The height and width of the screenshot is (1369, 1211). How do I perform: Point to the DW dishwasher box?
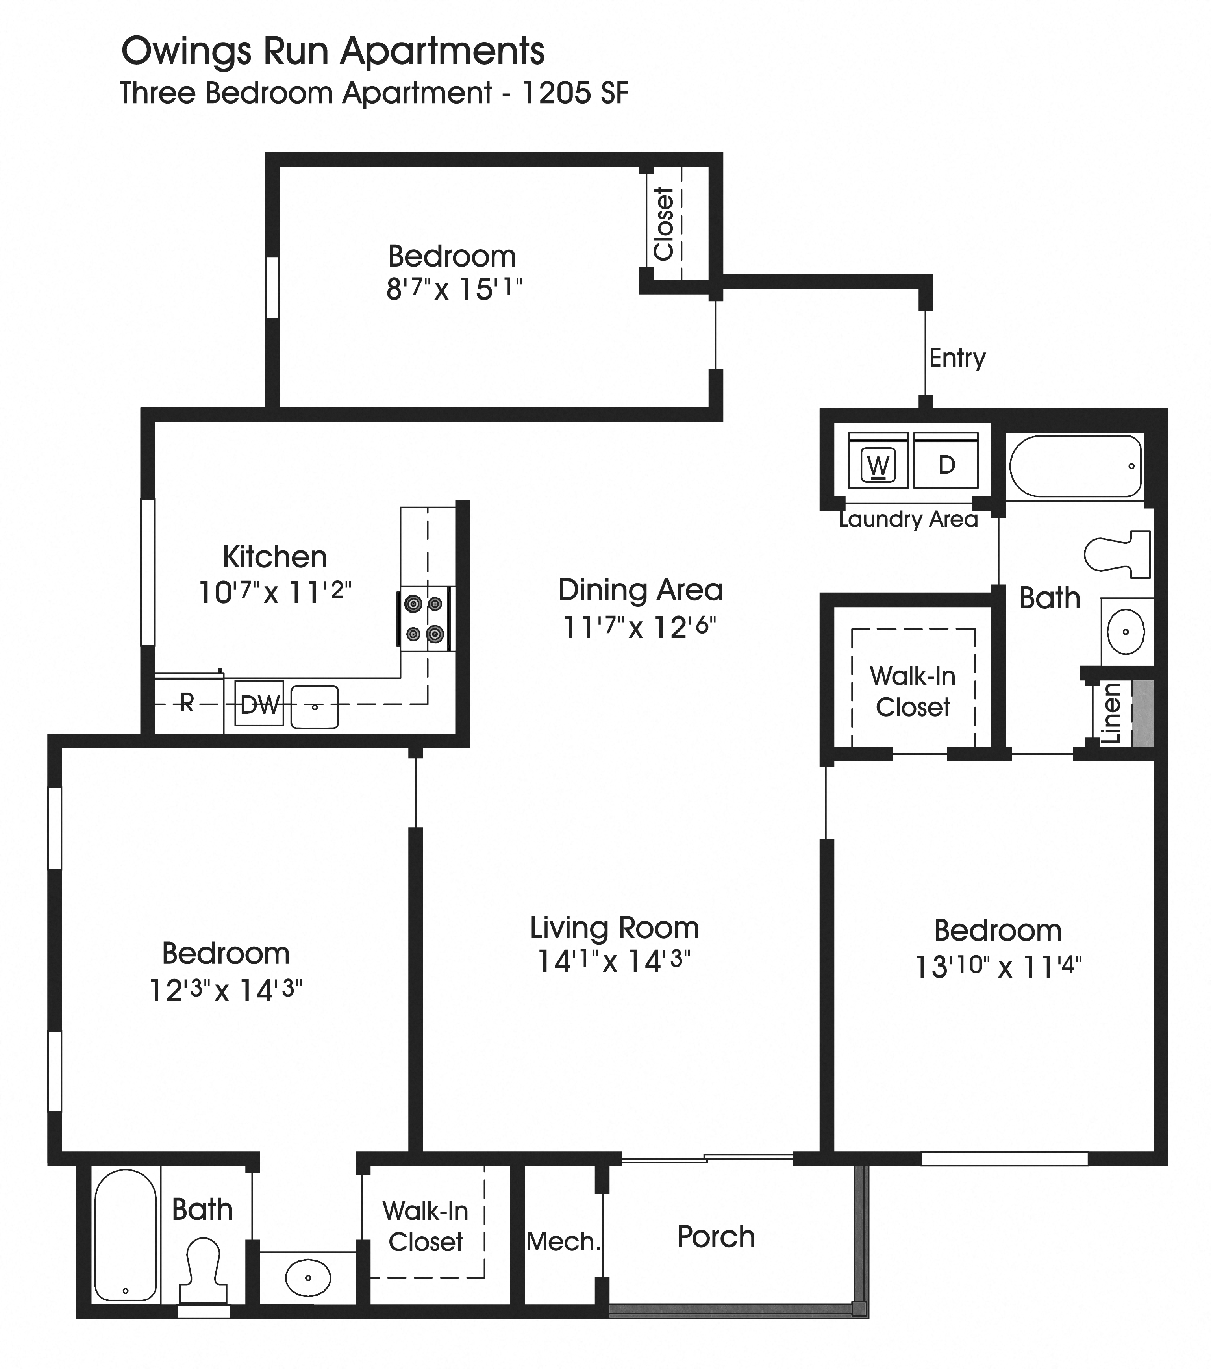click(x=259, y=704)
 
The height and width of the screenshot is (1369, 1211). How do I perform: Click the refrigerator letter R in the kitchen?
click(x=187, y=702)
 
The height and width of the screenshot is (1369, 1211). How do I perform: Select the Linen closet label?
click(x=1111, y=713)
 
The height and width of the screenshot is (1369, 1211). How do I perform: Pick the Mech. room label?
click(x=563, y=1242)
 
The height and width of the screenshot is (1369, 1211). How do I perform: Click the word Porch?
click(x=715, y=1236)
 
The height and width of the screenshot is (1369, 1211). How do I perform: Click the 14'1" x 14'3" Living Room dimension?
click(x=613, y=961)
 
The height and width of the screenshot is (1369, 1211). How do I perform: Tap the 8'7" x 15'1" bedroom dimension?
click(x=454, y=289)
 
